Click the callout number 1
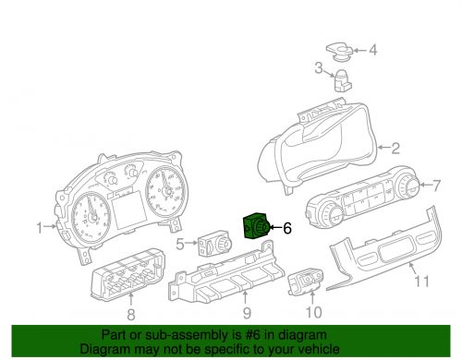click(x=40, y=226)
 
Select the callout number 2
click(x=395, y=148)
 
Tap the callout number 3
click(x=318, y=67)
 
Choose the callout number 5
click(x=181, y=244)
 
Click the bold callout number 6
click(x=286, y=226)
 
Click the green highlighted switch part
click(x=256, y=226)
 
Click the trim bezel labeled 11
click(x=388, y=254)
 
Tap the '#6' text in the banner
click(x=255, y=336)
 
